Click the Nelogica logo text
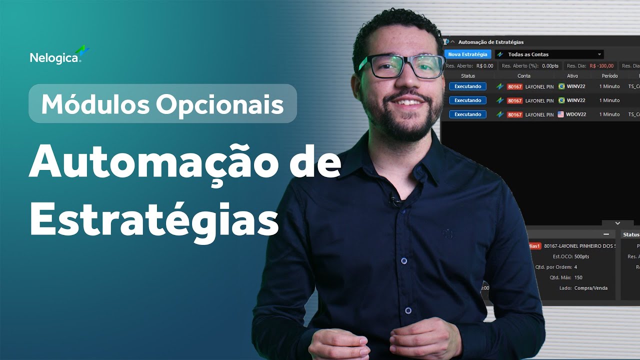click(54, 57)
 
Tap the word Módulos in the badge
click(94, 104)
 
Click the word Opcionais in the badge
click(219, 104)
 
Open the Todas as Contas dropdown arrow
click(599, 54)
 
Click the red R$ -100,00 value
click(601, 66)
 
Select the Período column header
click(609, 76)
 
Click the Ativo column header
click(572, 76)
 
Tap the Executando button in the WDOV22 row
click(467, 114)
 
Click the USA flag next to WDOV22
click(561, 114)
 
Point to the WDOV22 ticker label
click(576, 114)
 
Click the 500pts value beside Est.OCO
click(582, 256)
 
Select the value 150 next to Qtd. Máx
click(578, 277)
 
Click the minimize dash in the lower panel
click(606, 234)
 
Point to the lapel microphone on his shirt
click(395, 200)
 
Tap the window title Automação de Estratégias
click(490, 42)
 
